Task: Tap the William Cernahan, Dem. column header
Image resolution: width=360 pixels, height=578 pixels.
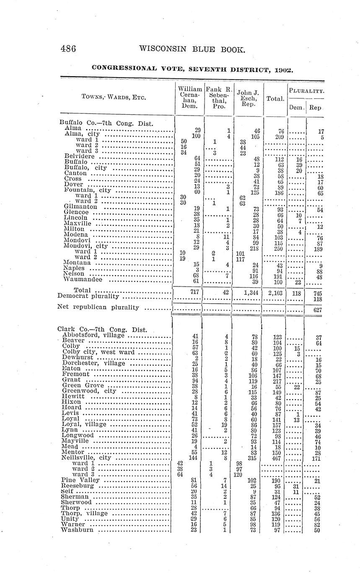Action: click(x=190, y=98)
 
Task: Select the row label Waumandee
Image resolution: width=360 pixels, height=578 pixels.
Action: click(x=83, y=279)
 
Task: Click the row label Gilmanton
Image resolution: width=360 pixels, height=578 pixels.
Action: click(x=81, y=206)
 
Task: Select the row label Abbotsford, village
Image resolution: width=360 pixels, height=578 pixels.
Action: click(x=93, y=335)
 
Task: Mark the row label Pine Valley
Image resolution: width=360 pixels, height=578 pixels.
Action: click(x=80, y=480)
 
